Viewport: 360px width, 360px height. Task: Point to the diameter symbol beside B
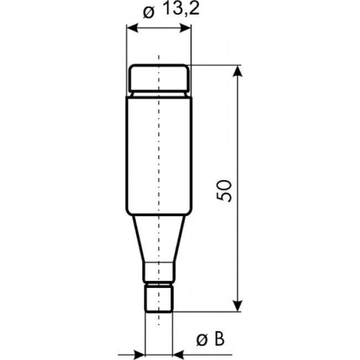[202, 339]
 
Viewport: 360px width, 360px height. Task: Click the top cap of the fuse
[159, 78]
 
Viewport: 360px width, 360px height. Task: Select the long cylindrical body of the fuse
[159, 155]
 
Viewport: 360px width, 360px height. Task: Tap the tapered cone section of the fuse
[159, 238]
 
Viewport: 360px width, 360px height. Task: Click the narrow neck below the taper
[159, 272]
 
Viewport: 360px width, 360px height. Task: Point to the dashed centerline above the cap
[159, 58]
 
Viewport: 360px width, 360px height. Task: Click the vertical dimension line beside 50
[238, 138]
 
